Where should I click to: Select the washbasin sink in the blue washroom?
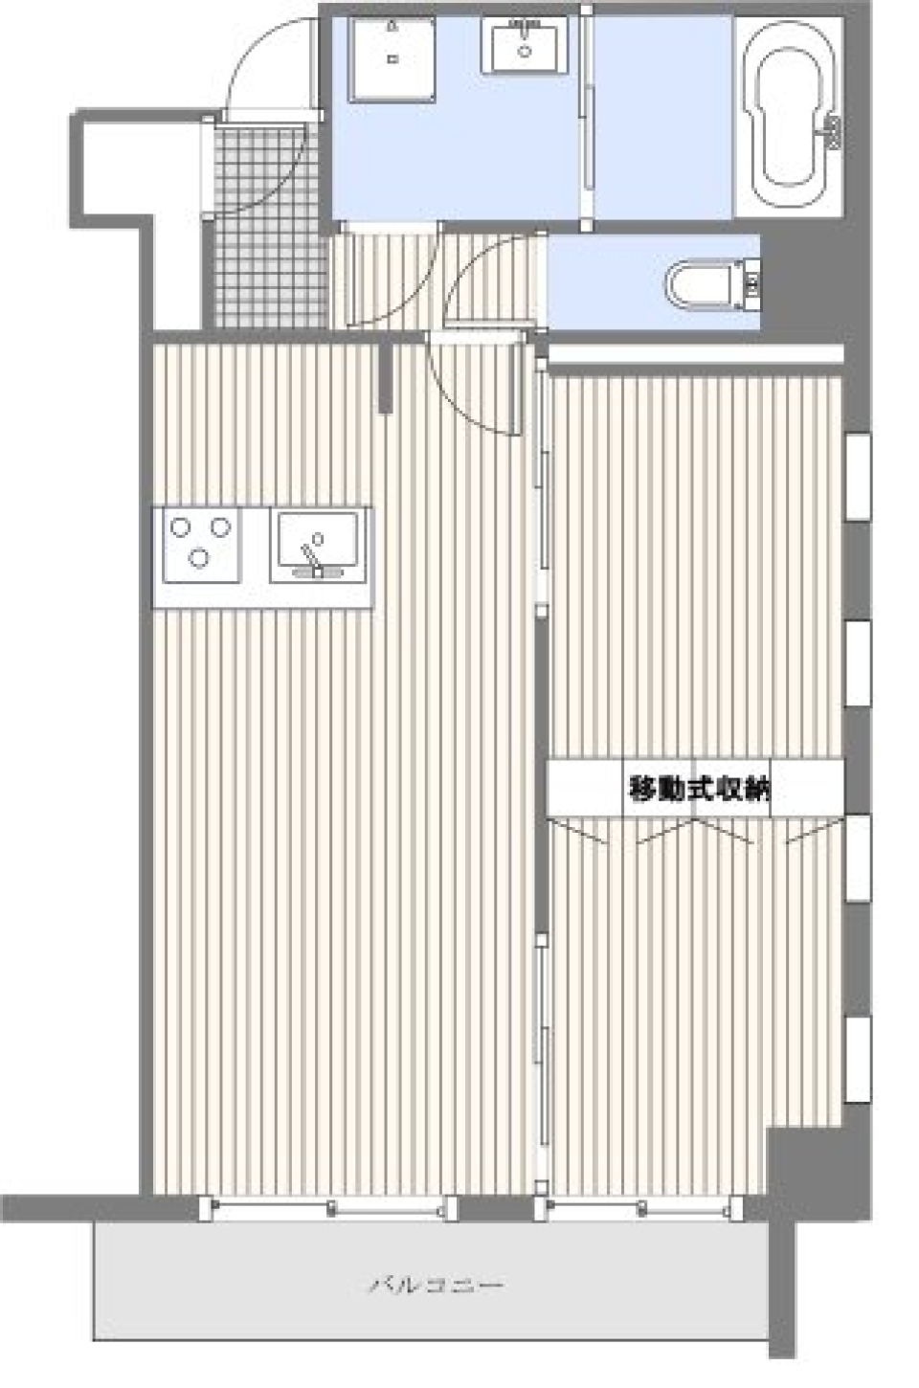(524, 46)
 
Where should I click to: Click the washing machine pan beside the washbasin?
(392, 59)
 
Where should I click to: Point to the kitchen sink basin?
(318, 544)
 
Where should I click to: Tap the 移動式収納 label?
(699, 789)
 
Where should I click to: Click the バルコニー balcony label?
(437, 1284)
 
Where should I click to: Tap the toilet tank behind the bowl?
(751, 283)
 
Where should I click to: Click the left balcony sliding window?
(330, 1208)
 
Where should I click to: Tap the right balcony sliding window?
(638, 1208)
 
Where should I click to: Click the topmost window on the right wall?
(857, 477)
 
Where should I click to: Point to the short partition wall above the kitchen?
(386, 378)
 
